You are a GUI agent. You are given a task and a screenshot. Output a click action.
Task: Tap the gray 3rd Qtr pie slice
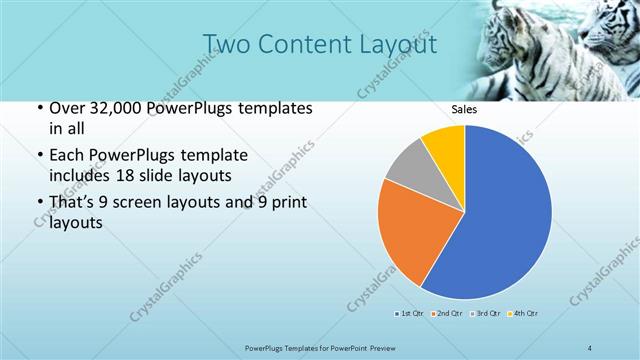(x=408, y=170)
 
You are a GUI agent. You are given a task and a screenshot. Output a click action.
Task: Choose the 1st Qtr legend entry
(x=410, y=314)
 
